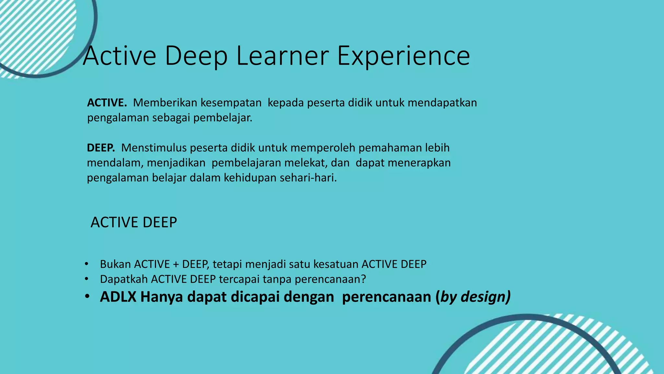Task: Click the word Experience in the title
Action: coord(403,56)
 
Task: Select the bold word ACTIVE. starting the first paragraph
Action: coord(107,103)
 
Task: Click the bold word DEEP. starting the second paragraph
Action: coord(101,148)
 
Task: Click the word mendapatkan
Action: coord(442,103)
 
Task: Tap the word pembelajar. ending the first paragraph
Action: coord(223,118)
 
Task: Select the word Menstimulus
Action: coord(154,148)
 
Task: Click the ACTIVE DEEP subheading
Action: coord(134,222)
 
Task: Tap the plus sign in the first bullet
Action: coord(176,264)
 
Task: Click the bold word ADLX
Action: coord(118,297)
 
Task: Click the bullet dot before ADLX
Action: coord(87,297)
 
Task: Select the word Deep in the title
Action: coord(196,56)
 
